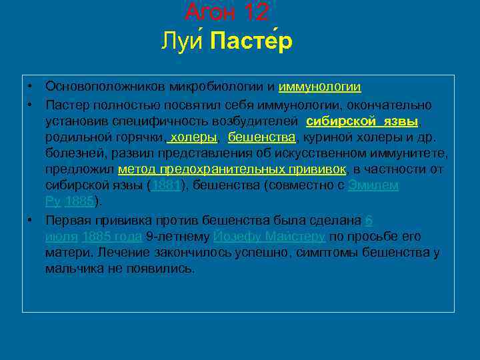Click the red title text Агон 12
point(227,11)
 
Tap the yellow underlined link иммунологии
point(319,87)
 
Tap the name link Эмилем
point(373,185)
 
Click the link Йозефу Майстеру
point(269,237)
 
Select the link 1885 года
point(111,237)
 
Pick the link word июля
point(61,237)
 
